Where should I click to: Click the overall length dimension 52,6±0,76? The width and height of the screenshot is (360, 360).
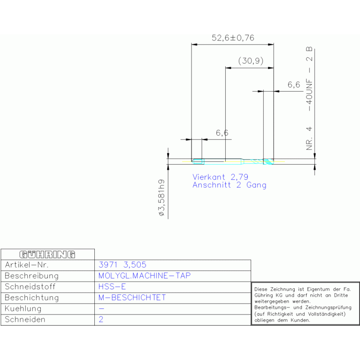tap(233, 38)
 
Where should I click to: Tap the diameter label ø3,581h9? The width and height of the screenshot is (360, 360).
tap(161, 198)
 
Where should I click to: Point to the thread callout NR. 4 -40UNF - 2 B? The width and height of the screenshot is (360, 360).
tap(309, 99)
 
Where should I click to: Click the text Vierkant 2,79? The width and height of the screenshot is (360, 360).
tap(221, 177)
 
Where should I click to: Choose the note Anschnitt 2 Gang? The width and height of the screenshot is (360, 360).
tap(230, 185)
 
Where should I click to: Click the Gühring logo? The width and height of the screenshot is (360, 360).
tap(47, 254)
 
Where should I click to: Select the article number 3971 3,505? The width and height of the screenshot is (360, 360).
tap(123, 265)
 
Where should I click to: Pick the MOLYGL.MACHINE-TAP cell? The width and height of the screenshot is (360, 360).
tap(145, 276)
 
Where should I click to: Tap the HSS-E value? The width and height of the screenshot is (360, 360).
tap(112, 286)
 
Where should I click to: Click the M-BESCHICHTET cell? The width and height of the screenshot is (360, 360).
tap(132, 298)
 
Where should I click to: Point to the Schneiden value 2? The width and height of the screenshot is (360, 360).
tap(101, 319)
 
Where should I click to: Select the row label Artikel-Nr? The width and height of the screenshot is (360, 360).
tap(27, 265)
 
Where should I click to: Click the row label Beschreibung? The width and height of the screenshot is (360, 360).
tap(32, 276)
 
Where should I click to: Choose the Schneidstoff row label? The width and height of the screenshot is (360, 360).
tap(30, 286)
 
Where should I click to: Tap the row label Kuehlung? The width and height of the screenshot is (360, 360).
tap(23, 308)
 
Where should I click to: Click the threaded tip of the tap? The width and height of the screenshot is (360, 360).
tap(268, 161)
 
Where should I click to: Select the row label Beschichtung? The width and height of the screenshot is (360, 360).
tap(32, 298)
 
